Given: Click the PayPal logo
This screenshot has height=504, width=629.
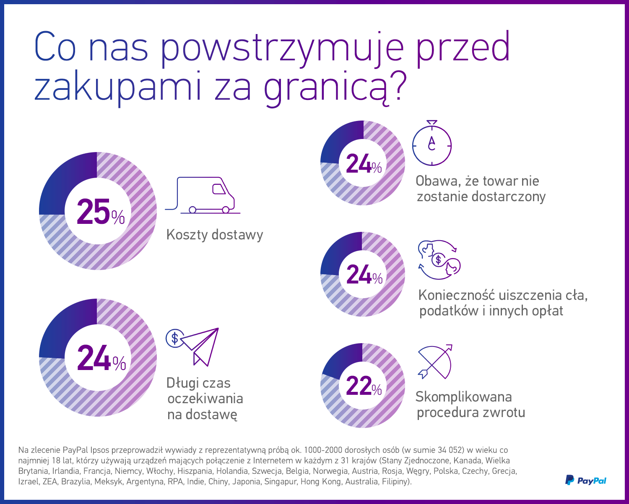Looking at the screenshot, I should pyautogui.click(x=586, y=480).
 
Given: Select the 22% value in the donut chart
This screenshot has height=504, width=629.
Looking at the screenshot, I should pyautogui.click(x=364, y=386).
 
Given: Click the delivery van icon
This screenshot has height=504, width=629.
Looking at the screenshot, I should pyautogui.click(x=203, y=195).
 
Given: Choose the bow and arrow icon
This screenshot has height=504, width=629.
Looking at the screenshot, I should pyautogui.click(x=435, y=362).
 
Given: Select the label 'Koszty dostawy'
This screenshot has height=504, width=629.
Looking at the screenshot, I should pyautogui.click(x=215, y=234).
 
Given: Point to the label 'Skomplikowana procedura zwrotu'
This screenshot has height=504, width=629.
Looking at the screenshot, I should pyautogui.click(x=470, y=404).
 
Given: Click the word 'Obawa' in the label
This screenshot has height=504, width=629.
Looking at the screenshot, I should pyautogui.click(x=436, y=181).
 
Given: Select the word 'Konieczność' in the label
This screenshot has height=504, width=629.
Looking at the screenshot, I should pyautogui.click(x=457, y=295).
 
